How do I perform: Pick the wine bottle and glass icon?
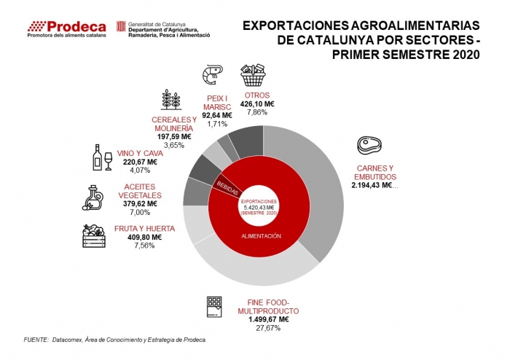pos(101,157)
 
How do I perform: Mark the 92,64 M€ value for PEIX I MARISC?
pos(217,115)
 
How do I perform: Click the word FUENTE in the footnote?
pos(36,340)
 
